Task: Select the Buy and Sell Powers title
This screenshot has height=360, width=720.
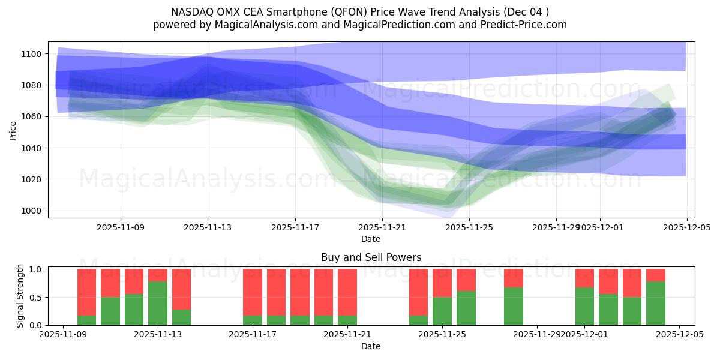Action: pyautogui.click(x=371, y=257)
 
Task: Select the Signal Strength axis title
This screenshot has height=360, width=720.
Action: pyautogui.click(x=20, y=296)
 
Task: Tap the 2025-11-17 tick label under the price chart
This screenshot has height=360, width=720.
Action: pyautogui.click(x=295, y=227)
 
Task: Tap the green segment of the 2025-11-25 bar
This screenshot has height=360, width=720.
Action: pyautogui.click(x=442, y=311)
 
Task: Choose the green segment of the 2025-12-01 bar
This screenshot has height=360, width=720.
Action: pyautogui.click(x=584, y=306)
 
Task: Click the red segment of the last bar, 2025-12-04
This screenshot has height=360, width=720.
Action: pyautogui.click(x=656, y=275)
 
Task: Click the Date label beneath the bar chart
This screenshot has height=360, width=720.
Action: pyautogui.click(x=371, y=346)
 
